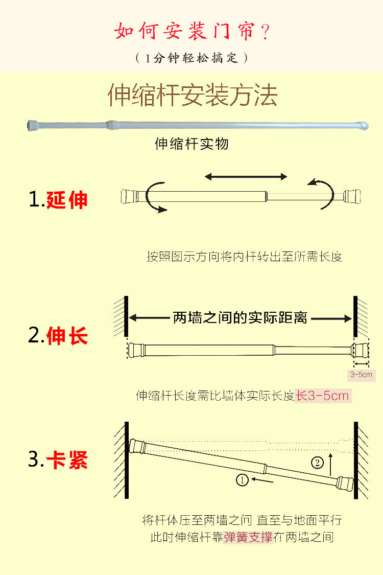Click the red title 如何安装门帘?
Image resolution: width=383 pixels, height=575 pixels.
coord(192,31)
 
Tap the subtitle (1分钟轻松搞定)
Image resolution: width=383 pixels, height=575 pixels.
coord(192,58)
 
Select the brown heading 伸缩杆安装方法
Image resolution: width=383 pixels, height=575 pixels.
coord(193,96)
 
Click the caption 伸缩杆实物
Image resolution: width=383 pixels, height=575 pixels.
coord(192,144)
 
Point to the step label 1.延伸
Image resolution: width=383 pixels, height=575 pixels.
coord(58,200)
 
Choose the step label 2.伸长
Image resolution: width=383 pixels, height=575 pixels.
coord(58,335)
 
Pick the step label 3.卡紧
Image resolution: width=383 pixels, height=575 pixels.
coord(58,459)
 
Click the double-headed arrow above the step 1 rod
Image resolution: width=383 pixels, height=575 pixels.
coord(246,177)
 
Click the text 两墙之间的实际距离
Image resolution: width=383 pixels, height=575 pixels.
coord(240,317)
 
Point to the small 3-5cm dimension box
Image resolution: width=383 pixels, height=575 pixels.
coord(362,375)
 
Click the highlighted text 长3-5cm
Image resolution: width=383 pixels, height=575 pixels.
coord(323,396)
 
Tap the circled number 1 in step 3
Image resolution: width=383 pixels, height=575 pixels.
coord(242,479)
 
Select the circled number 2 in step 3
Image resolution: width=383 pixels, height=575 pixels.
coord(318,463)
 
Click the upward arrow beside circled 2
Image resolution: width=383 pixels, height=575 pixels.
coord(330,464)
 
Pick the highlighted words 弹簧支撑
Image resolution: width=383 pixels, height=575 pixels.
coord(249,538)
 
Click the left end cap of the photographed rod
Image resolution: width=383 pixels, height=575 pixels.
coord(33,125)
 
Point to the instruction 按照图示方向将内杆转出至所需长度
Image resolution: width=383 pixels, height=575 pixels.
coord(245,257)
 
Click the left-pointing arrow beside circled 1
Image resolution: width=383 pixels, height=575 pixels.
coord(262,480)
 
